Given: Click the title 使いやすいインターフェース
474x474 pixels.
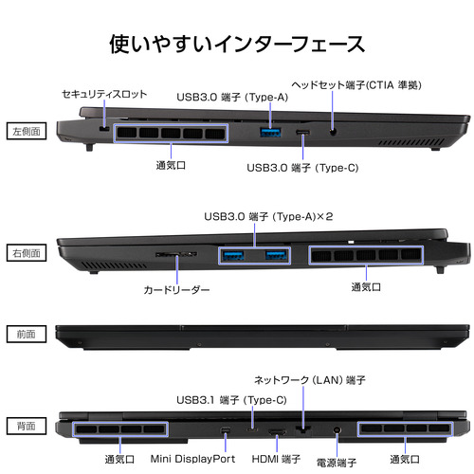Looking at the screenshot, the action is click(x=237, y=44).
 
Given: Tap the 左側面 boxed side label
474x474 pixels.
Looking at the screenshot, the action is click(x=27, y=131).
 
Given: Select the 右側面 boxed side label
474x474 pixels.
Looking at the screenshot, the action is click(x=27, y=253).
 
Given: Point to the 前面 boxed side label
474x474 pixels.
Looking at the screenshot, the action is click(x=27, y=334).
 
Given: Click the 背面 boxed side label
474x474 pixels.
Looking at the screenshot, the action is click(x=27, y=426).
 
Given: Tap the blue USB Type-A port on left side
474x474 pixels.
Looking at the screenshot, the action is click(x=270, y=132).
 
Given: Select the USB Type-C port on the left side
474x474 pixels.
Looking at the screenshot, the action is click(x=303, y=132).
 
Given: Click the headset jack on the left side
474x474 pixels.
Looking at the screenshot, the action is click(x=333, y=132).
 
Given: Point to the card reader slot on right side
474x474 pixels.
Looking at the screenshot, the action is click(x=176, y=254).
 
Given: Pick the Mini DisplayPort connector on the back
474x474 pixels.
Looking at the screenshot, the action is click(x=226, y=430).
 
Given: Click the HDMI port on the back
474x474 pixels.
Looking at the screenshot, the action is click(x=277, y=432).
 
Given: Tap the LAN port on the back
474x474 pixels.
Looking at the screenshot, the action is click(x=303, y=429).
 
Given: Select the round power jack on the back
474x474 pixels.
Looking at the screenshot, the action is click(x=337, y=430).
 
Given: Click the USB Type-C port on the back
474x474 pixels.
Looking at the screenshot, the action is click(x=252, y=430).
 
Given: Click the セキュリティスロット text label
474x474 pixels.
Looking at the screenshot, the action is click(x=104, y=94).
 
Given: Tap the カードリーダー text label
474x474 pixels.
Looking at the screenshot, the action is click(x=176, y=289).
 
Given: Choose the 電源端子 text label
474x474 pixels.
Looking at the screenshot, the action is click(x=337, y=463).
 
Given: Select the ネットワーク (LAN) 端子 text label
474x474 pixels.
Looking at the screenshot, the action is click(x=310, y=380).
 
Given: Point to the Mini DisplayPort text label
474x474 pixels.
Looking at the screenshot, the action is click(x=192, y=459).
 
